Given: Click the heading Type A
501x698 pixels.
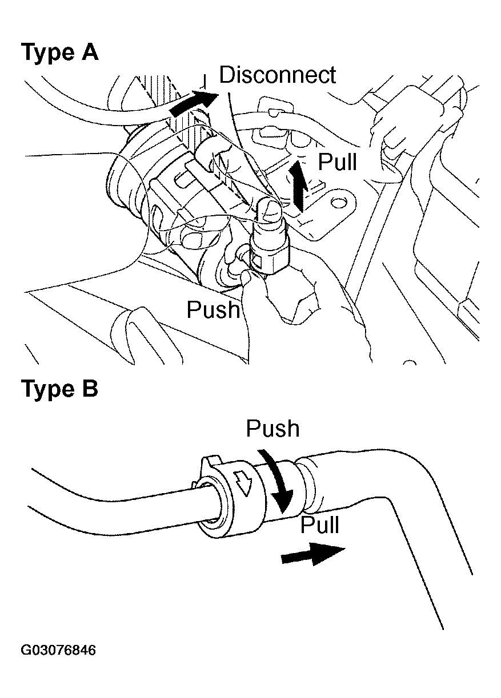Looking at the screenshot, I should point(59,53).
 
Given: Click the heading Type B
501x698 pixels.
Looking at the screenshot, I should point(59,389).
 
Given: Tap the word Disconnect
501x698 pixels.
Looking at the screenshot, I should point(278,75).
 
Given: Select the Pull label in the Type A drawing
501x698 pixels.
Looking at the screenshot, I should point(337,162).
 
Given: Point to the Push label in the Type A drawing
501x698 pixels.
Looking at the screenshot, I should point(214,309).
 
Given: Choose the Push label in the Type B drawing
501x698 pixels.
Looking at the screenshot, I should point(272,429).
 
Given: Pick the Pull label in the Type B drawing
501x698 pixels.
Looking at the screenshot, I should point(320,524).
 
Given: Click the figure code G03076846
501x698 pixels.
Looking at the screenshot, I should point(58,651).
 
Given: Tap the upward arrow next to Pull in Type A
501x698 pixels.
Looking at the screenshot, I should point(297,184).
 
